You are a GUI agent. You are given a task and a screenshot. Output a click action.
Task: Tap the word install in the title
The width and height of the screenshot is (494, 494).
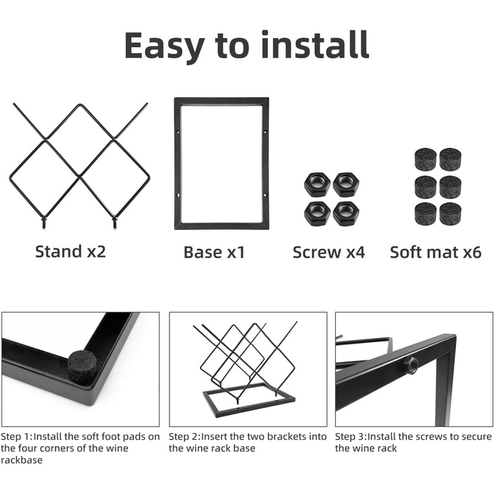[x=315, y=44]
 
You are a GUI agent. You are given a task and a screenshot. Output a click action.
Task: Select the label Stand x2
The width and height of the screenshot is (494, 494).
[x=71, y=252]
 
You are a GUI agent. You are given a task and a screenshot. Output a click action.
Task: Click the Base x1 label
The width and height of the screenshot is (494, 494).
[x=215, y=253]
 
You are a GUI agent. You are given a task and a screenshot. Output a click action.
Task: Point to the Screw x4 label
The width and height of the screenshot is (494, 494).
[x=329, y=253]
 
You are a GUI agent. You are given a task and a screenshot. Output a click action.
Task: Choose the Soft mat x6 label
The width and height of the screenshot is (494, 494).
[x=435, y=253]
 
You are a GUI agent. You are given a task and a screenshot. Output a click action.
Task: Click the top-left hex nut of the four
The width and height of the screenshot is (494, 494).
[x=318, y=185]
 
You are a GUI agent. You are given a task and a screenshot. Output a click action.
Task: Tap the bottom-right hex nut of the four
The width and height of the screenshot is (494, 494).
[x=346, y=213]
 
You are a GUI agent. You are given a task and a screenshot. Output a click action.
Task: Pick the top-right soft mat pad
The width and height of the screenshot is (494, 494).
[x=450, y=159]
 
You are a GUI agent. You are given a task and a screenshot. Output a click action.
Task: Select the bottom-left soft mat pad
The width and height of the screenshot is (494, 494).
[x=426, y=215]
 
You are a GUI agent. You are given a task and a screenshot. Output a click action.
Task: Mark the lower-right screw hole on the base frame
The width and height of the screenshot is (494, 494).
[x=265, y=195]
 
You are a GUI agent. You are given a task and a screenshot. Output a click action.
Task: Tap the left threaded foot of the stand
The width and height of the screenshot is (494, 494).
[x=44, y=223]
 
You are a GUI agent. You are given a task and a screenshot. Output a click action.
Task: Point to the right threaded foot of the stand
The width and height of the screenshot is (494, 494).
[x=114, y=223]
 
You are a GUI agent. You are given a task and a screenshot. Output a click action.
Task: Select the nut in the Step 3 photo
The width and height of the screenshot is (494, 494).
[x=410, y=366]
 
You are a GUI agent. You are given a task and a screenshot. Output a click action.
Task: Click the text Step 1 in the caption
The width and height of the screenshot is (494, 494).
[x=16, y=437]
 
